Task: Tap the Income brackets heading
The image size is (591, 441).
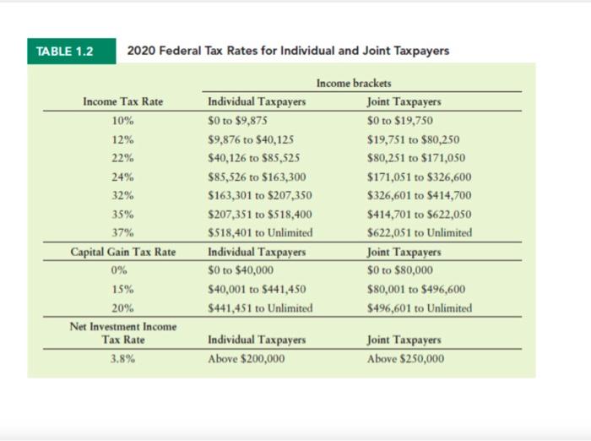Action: click(354, 83)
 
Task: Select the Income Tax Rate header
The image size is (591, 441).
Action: click(123, 101)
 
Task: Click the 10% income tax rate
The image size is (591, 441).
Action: click(123, 121)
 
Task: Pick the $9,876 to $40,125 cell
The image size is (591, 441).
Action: click(251, 139)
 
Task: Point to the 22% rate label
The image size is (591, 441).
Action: click(123, 158)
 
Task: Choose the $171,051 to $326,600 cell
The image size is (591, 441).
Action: click(419, 177)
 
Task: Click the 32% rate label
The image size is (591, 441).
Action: click(123, 195)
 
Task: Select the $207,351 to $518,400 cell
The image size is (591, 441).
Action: click(260, 215)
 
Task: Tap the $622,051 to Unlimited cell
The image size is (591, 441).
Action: click(420, 232)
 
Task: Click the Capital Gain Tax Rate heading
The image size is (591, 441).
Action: click(123, 252)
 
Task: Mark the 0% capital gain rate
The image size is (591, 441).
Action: click(119, 270)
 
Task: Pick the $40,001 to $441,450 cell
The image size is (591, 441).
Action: click(257, 289)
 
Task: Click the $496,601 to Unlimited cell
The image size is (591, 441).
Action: click(420, 308)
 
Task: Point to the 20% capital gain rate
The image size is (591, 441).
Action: click(123, 308)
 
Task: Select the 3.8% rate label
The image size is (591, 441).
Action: click(123, 358)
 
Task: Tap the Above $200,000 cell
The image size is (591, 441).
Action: click(247, 358)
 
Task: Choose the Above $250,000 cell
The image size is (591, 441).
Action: click(405, 358)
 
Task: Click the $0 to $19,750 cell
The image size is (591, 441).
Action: click(400, 121)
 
